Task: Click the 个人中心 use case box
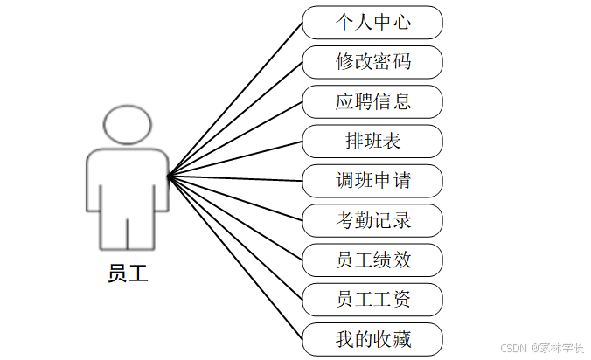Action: point(372,22)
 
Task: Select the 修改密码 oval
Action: point(372,62)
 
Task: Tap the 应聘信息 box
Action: point(372,101)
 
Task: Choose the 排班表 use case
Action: point(372,141)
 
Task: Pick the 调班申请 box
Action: point(372,181)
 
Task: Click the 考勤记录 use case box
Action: point(372,220)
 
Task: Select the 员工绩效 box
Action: point(372,260)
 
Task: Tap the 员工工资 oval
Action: point(372,300)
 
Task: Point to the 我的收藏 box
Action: point(372,339)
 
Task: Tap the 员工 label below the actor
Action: point(128,273)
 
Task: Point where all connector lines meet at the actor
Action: point(168,176)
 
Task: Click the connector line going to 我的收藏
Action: point(236,259)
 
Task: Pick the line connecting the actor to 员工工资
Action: point(236,239)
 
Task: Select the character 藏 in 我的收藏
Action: point(401,339)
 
